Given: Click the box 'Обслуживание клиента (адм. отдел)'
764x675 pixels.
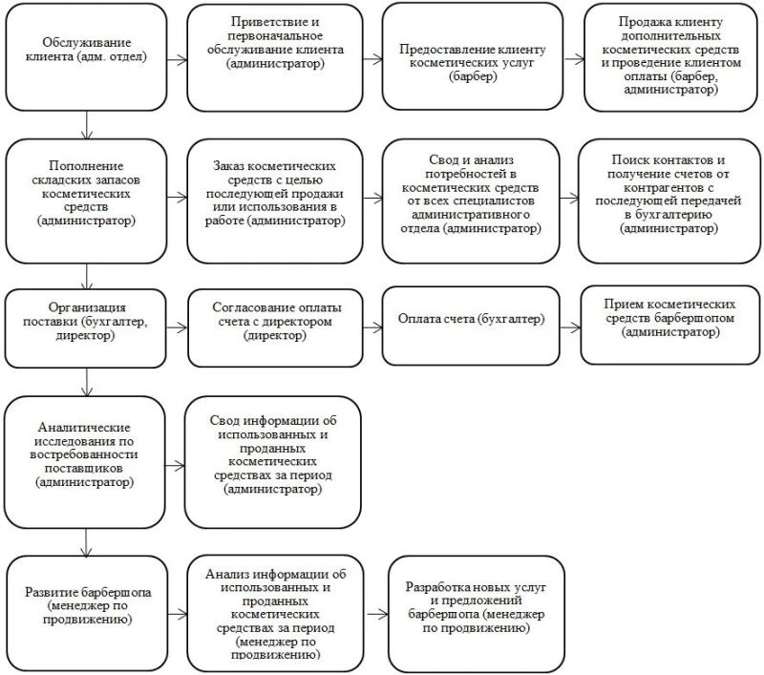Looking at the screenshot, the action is (x=86, y=57).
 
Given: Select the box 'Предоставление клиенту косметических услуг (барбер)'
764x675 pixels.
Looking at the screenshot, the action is (x=472, y=57).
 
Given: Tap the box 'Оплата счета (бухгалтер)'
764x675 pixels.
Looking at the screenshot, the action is (x=471, y=326).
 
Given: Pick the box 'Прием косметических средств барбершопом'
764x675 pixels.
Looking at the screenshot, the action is (x=670, y=325).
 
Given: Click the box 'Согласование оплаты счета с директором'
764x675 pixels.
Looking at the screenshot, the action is (x=275, y=327).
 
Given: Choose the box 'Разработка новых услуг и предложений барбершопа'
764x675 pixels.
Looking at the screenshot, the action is (x=476, y=614).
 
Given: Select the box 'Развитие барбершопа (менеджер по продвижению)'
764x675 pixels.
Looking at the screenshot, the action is (x=87, y=614).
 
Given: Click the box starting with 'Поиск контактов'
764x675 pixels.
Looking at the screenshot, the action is (x=669, y=201).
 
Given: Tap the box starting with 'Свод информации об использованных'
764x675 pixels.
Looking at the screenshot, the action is (x=273, y=462).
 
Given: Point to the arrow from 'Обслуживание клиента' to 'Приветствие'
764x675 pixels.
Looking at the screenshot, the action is (x=178, y=60).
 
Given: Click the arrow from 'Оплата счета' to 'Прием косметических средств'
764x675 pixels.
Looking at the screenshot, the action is (x=570, y=327).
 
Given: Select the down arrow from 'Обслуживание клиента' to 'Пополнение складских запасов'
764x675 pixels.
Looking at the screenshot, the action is (x=87, y=125).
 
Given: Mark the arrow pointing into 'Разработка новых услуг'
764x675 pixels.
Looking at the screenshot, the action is (x=377, y=615).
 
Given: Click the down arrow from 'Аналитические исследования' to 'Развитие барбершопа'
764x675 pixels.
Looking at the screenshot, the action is (x=86, y=542).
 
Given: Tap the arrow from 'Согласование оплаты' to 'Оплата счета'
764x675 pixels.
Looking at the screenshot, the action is (x=372, y=327).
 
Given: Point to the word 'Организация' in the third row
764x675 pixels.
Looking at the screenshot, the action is (x=87, y=307).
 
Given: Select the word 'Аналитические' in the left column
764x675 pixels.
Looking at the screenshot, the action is (x=84, y=427).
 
